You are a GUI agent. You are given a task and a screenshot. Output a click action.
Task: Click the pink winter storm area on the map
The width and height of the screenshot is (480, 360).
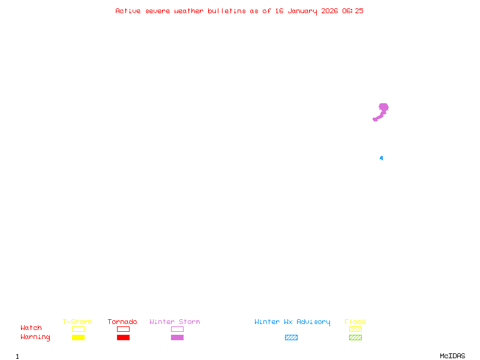coord(383,109)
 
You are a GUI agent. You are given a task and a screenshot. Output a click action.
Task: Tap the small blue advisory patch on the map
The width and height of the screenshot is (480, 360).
coord(381,158)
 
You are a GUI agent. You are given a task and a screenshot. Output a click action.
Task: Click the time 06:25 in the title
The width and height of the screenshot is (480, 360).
coord(353,11)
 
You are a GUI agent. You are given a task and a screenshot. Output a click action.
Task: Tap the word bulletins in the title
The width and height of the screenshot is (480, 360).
coord(227,11)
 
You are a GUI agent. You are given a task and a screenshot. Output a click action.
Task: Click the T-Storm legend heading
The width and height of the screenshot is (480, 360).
coord(77,322)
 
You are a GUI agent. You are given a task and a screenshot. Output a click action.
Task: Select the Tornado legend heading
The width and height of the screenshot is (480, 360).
coord(122,322)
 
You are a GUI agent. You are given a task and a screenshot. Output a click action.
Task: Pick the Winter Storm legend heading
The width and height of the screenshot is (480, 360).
coord(175,322)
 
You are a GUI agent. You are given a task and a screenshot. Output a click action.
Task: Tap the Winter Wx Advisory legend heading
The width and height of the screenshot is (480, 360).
coord(292,322)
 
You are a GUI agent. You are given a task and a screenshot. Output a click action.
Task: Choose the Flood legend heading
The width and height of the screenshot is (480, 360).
coord(355,322)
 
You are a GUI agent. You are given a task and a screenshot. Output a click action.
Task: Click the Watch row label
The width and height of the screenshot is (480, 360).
coord(31,328)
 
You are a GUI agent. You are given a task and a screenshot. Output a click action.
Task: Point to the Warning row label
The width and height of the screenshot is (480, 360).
coord(35,337)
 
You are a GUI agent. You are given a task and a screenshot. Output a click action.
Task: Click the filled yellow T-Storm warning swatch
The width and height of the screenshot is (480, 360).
coord(78,338)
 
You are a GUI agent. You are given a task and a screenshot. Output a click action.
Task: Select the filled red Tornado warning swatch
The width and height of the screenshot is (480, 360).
coord(123,338)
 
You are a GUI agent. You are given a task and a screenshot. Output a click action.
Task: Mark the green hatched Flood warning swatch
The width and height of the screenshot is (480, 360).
coord(355,338)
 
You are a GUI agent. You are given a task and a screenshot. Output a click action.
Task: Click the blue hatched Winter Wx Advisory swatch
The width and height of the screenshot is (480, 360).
coord(291,338)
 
